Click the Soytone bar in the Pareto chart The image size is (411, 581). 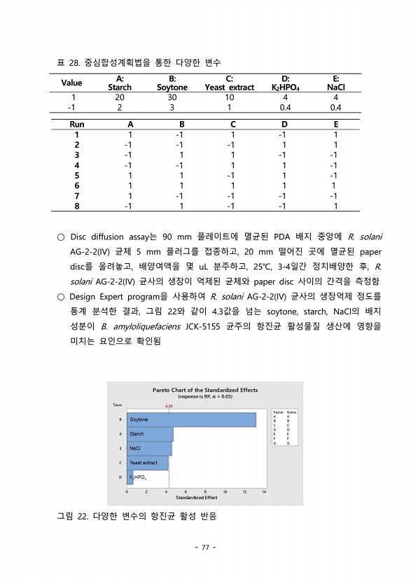point(190,419)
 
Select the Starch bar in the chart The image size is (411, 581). point(149,434)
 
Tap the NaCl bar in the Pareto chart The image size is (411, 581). point(148,449)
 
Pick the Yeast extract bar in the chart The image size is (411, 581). point(147,463)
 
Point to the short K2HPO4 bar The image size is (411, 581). point(130,477)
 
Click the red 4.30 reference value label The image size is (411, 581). point(169,405)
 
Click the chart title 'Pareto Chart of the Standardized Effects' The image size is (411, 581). point(204,389)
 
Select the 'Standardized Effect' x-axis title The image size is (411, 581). point(195,498)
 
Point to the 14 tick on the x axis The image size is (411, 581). point(265,491)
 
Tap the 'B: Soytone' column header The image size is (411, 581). point(172,83)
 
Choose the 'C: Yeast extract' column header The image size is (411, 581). point(229,83)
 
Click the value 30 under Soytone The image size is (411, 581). point(172,97)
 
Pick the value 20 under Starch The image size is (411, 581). point(120,97)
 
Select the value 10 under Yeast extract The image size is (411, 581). point(229,97)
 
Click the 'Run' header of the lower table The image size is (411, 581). point(76,124)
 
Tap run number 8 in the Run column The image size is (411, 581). point(76,206)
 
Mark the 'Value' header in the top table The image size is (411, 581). point(71,83)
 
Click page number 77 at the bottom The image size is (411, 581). point(205,547)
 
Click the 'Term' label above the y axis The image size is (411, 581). point(117,405)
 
